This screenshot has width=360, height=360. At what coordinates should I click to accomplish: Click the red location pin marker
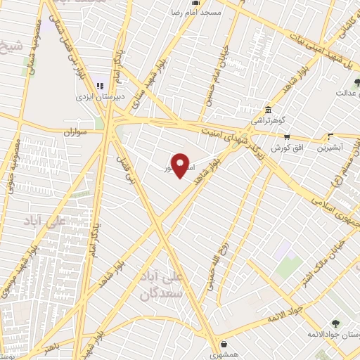(181, 165)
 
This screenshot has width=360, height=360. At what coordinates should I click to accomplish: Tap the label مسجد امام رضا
(198, 13)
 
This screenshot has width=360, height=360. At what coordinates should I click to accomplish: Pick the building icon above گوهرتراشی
(269, 110)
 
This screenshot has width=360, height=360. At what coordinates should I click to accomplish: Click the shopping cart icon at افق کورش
(286, 137)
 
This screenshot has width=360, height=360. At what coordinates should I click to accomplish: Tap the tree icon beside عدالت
(346, 83)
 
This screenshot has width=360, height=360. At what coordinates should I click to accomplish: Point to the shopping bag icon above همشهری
(224, 345)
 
